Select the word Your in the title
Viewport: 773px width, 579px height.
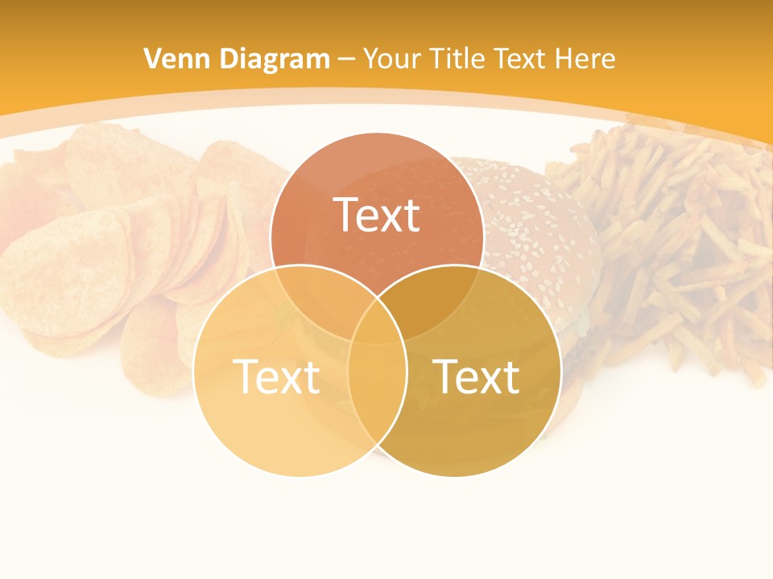[393, 59]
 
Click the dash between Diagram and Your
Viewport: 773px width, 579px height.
[347, 60]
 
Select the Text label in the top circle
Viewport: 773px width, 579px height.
[377, 216]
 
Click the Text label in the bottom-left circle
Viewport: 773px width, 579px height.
[276, 376]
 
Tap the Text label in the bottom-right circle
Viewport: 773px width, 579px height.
[477, 376]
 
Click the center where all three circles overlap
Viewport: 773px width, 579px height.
[377, 322]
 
